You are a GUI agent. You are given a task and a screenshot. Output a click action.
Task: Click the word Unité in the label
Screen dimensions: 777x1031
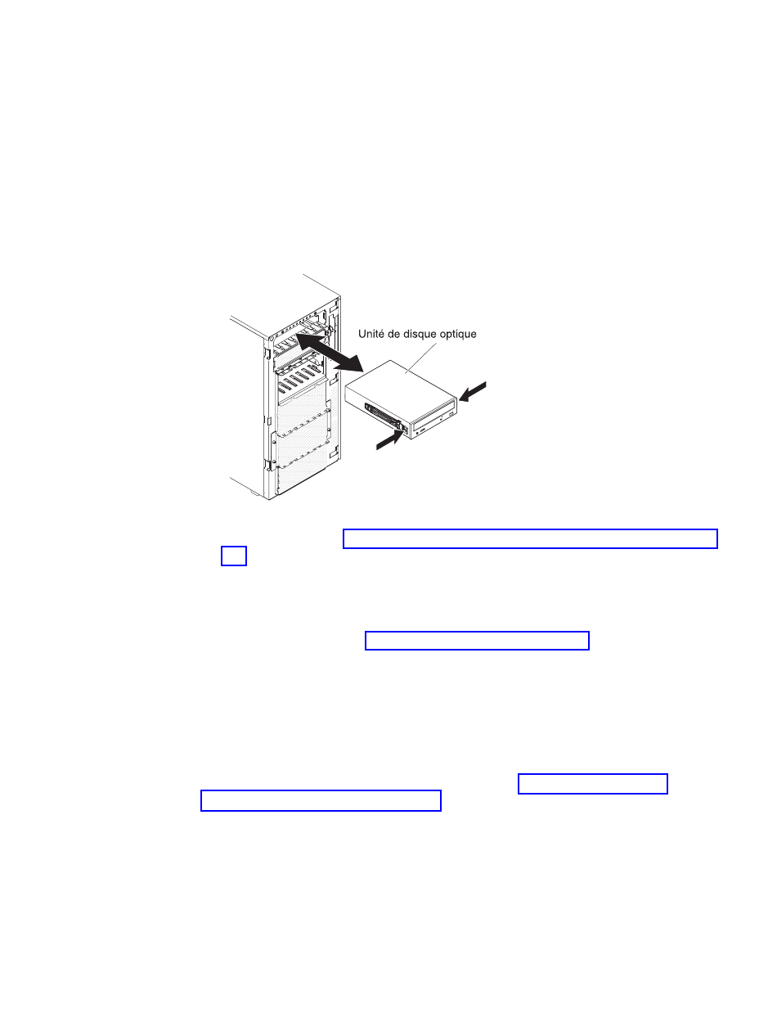370,334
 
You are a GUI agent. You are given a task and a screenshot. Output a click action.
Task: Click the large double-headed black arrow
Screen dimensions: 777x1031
329,353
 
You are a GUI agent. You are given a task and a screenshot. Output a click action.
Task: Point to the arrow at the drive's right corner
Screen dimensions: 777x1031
472,391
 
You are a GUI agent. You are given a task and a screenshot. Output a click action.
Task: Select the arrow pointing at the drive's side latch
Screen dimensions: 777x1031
389,440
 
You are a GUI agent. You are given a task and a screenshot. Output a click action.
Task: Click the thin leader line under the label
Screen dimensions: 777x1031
420,358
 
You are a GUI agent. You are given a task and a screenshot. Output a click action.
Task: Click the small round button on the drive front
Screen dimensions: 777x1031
417,433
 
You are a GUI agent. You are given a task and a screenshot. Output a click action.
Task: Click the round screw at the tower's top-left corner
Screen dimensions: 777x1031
271,339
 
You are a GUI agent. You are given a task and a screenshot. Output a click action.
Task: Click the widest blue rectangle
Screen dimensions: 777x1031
530,538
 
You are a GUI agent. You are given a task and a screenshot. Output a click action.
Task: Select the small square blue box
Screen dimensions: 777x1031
234,556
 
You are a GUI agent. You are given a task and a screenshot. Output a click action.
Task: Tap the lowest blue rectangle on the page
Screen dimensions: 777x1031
321,800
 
